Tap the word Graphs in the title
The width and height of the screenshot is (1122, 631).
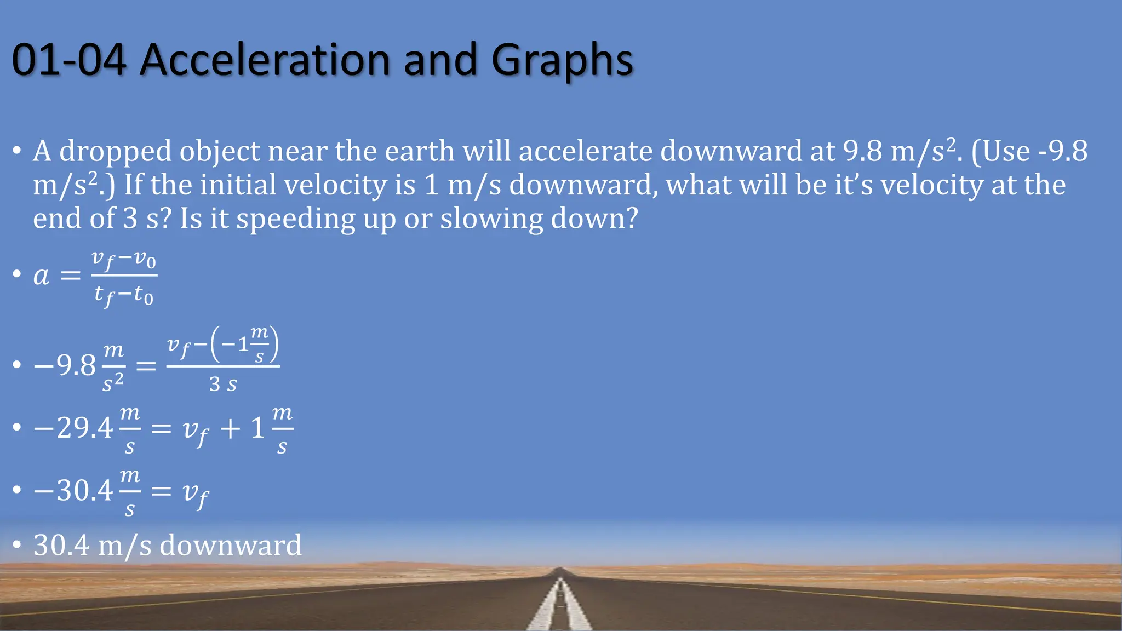click(562, 60)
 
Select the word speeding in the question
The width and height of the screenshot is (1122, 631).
click(296, 219)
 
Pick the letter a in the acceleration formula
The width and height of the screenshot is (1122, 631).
click(41, 275)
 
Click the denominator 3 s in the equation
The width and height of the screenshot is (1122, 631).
click(223, 384)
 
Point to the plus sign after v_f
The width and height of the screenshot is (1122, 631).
click(230, 428)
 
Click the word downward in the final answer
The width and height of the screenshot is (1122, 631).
click(230, 546)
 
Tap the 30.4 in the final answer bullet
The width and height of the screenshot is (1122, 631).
click(61, 546)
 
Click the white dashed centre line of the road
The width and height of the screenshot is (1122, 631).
click(559, 608)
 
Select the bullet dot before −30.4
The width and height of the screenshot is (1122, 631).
click(17, 489)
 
